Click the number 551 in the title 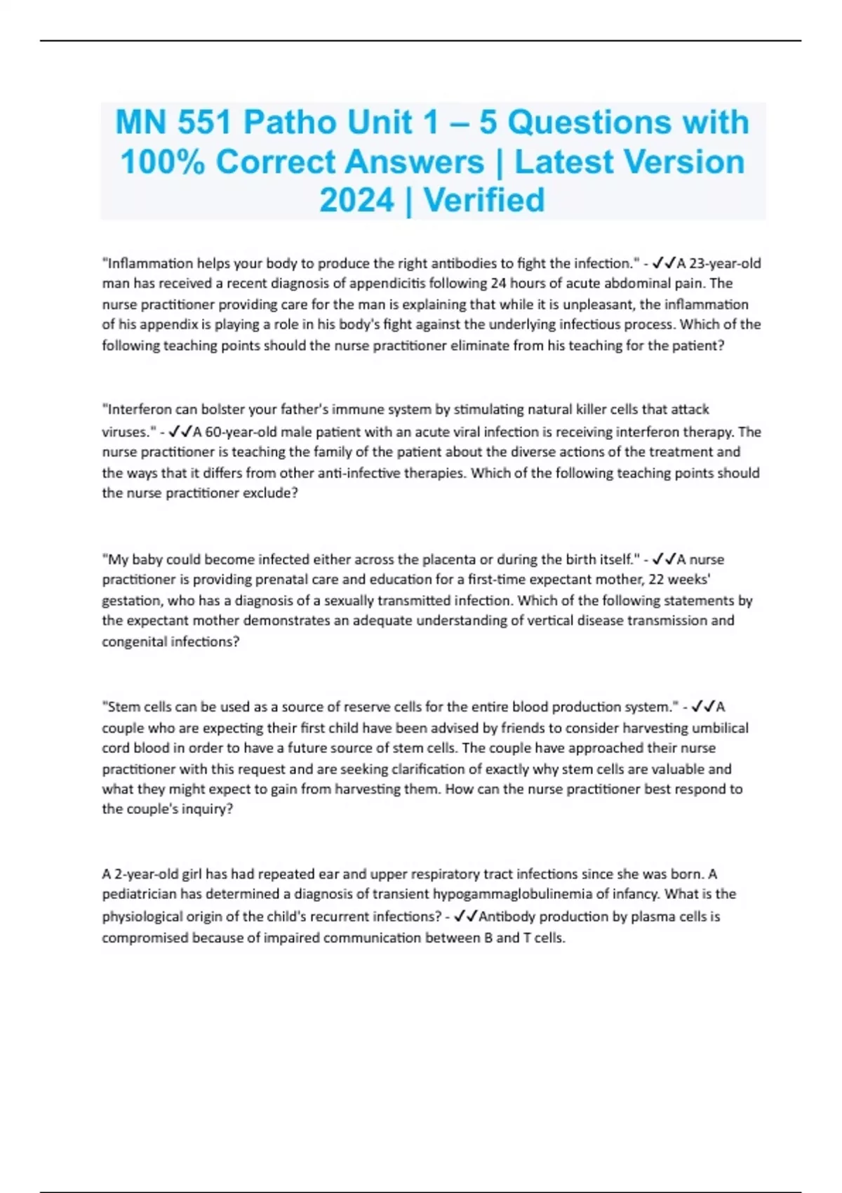203,123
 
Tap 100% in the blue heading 162,162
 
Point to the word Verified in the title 484,201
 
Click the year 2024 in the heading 357,201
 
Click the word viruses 126,432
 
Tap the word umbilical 720,728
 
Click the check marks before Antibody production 465,917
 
